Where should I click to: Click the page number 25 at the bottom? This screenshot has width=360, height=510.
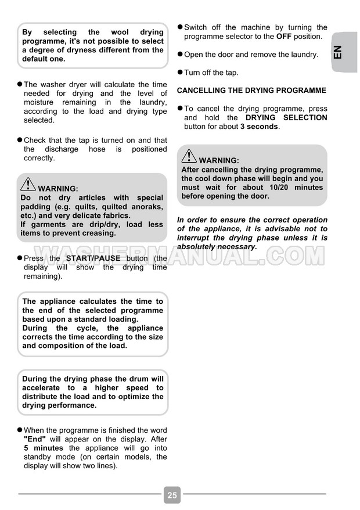coord(172,495)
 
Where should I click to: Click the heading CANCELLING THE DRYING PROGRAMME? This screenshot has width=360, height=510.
coord(251,91)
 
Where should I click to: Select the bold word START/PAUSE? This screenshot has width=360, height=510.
coord(93,258)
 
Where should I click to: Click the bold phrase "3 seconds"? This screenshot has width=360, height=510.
coord(260,126)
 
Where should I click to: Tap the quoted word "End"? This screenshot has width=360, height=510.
coord(34,439)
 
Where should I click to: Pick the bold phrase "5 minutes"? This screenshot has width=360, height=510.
coord(44,448)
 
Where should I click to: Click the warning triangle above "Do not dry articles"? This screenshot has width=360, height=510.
coord(27,185)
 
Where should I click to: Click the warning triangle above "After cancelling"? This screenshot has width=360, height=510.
coord(189,156)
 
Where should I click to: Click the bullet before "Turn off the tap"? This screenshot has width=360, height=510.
coord(180,72)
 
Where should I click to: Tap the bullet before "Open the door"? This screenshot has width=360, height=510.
coord(180,54)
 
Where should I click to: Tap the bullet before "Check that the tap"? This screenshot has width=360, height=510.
coord(20,140)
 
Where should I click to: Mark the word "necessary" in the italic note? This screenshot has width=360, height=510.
coord(235,246)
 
